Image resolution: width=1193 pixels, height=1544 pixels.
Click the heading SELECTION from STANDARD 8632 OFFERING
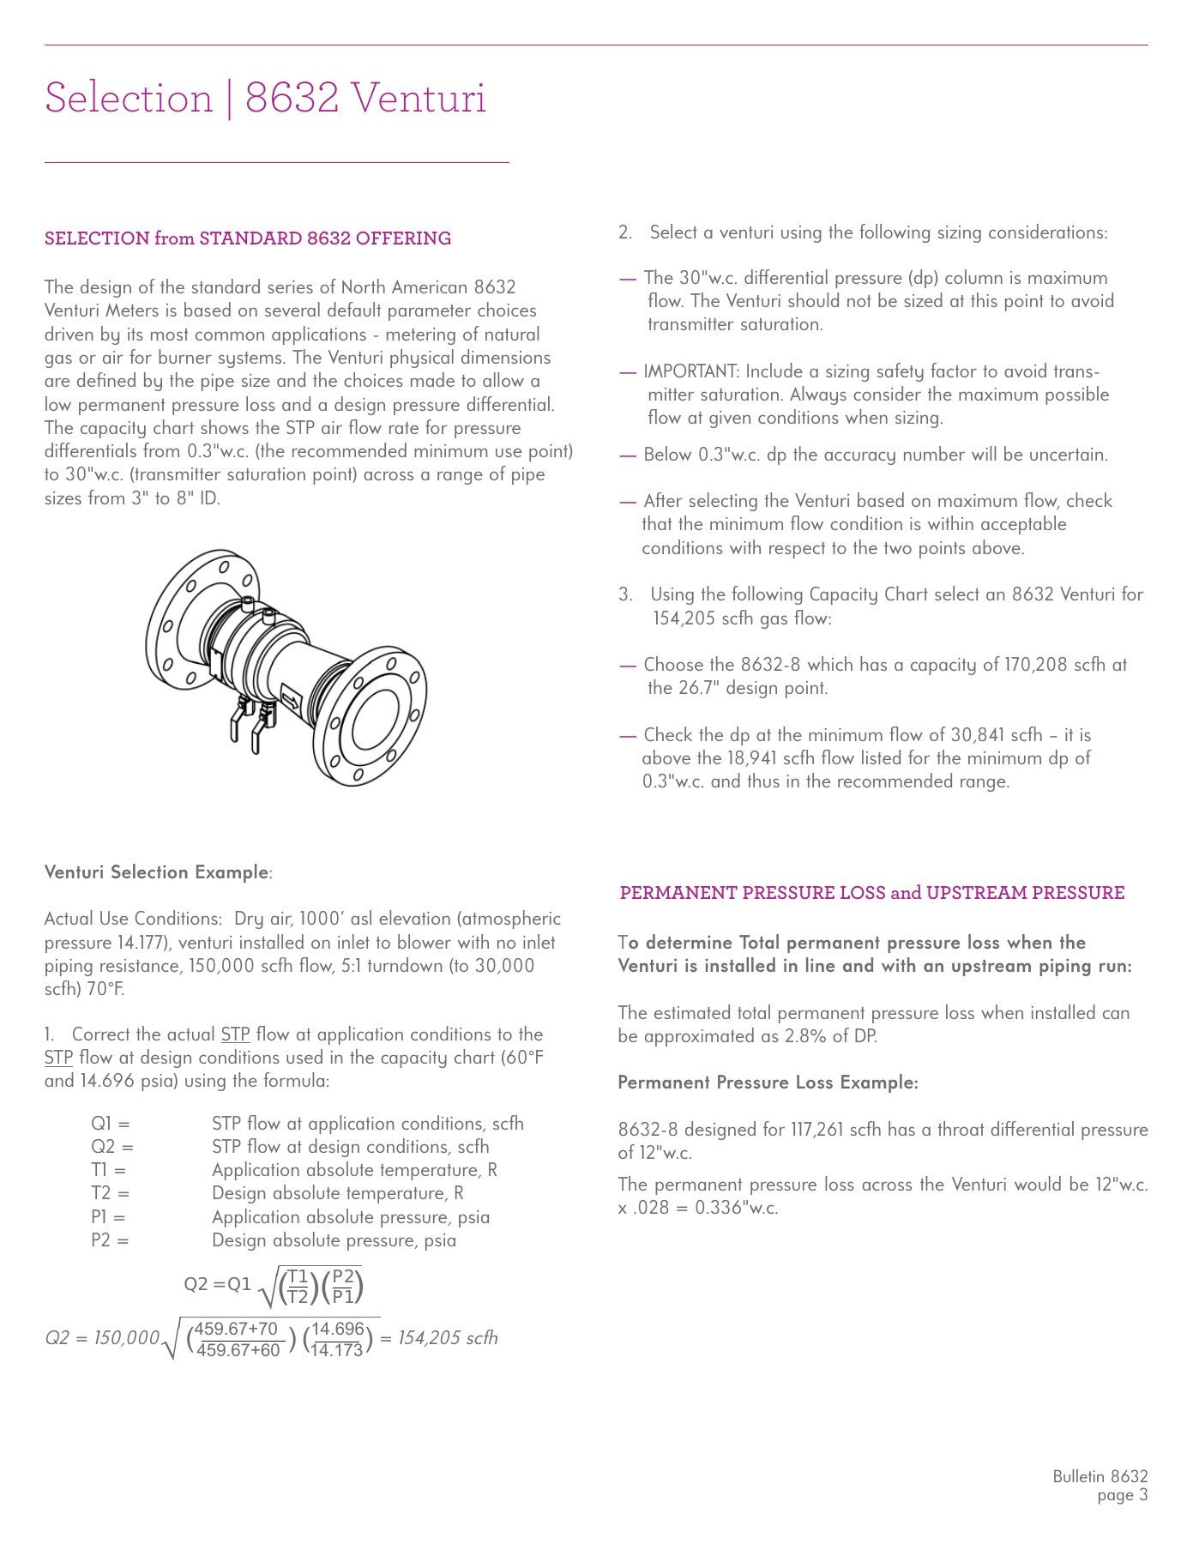point(248,238)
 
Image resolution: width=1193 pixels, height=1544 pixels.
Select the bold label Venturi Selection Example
point(157,872)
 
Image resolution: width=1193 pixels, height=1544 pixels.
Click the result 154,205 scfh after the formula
point(448,1338)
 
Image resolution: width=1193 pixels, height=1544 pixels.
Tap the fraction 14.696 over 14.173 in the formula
point(338,1339)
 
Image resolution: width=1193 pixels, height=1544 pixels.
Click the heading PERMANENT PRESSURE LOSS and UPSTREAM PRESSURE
point(872,893)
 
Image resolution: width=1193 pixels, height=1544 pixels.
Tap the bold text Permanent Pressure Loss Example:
point(768,1083)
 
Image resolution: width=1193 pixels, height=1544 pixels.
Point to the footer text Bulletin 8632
point(1100,1476)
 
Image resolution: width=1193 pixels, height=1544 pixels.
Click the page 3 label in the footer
point(1122,1496)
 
